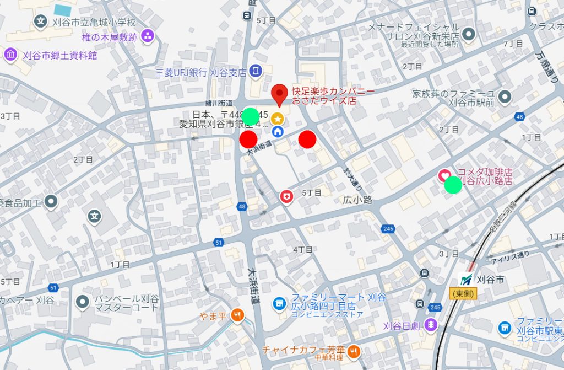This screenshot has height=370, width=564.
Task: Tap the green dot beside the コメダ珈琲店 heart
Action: click(x=453, y=185)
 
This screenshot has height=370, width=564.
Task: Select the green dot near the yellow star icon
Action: click(x=251, y=116)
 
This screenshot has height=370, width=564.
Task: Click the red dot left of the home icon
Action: click(x=248, y=140)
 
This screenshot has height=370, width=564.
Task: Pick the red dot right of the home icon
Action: click(x=307, y=140)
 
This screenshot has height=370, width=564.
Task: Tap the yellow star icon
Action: click(x=278, y=118)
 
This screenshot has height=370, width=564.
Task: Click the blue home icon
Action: click(x=278, y=131)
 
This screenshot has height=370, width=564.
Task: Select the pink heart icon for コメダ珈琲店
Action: click(x=444, y=176)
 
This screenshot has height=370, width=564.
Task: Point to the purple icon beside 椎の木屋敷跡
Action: click(x=148, y=37)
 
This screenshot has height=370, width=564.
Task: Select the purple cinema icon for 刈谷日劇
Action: click(x=431, y=325)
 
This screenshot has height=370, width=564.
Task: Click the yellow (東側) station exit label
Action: click(x=462, y=293)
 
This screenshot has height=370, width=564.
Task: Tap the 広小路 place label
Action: click(x=358, y=199)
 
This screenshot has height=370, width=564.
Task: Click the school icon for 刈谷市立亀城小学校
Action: click(x=40, y=22)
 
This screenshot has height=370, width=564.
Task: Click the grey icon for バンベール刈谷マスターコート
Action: click(x=83, y=301)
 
